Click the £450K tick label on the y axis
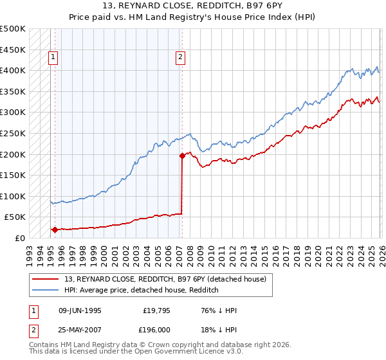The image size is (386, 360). click(x=13, y=50)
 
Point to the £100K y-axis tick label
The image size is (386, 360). click(x=13, y=196)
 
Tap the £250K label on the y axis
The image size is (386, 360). click(x=13, y=133)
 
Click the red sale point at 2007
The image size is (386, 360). click(x=182, y=155)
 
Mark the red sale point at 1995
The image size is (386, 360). click(x=55, y=230)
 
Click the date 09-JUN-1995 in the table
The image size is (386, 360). click(x=80, y=310)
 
